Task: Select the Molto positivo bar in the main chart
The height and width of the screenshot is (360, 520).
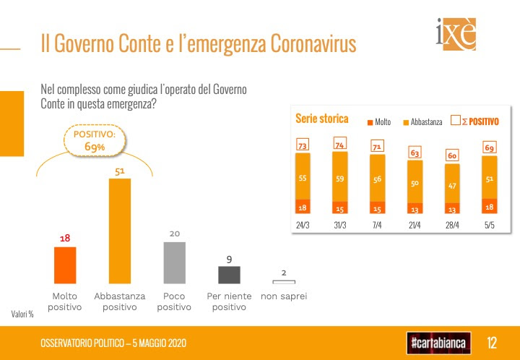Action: coord(65,266)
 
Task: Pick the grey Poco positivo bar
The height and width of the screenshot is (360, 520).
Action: coord(174,262)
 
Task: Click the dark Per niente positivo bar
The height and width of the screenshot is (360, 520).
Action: coord(229,275)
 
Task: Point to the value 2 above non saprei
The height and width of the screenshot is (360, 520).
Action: coord(284,273)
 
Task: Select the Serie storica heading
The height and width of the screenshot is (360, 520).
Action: coord(322,119)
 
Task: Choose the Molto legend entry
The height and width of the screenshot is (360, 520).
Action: coord(379,122)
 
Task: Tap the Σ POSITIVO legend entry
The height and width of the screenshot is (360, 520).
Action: coord(474,121)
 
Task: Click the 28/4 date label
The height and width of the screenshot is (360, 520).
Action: coord(452,223)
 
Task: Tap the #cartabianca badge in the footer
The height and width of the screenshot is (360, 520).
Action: coord(438,341)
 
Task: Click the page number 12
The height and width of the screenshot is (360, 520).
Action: coord(492,341)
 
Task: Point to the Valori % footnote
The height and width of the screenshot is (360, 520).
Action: coord(22,314)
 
